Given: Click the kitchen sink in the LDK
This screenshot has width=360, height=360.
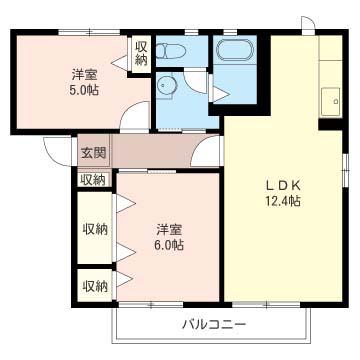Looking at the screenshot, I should (327, 100).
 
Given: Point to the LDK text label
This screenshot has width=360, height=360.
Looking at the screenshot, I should (282, 183).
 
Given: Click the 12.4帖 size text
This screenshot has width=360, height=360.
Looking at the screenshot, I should (282, 200).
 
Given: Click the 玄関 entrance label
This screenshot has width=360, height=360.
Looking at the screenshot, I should (92, 153).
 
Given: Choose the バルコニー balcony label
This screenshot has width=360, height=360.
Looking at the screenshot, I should (214, 324).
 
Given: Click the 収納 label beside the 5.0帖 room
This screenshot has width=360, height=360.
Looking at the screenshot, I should (141, 53).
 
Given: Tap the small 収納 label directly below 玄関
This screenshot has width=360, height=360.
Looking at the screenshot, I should (92, 179).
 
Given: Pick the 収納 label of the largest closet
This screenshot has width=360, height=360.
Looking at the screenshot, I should (95, 227).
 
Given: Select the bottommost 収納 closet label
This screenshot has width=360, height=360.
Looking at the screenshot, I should (95, 286).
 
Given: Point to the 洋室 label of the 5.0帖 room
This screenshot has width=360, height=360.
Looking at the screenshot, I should (83, 74).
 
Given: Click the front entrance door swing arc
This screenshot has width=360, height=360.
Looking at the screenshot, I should (57, 152).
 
